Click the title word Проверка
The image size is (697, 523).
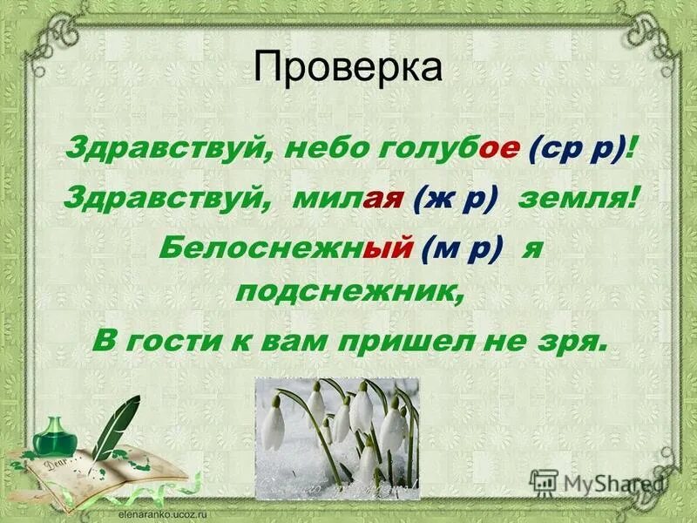pos(348,67)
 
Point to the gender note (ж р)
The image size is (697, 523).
pos(457,200)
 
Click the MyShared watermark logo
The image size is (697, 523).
pos(601,482)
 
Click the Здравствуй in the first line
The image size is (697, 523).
pos(163,150)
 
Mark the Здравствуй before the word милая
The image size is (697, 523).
pos(163,200)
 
